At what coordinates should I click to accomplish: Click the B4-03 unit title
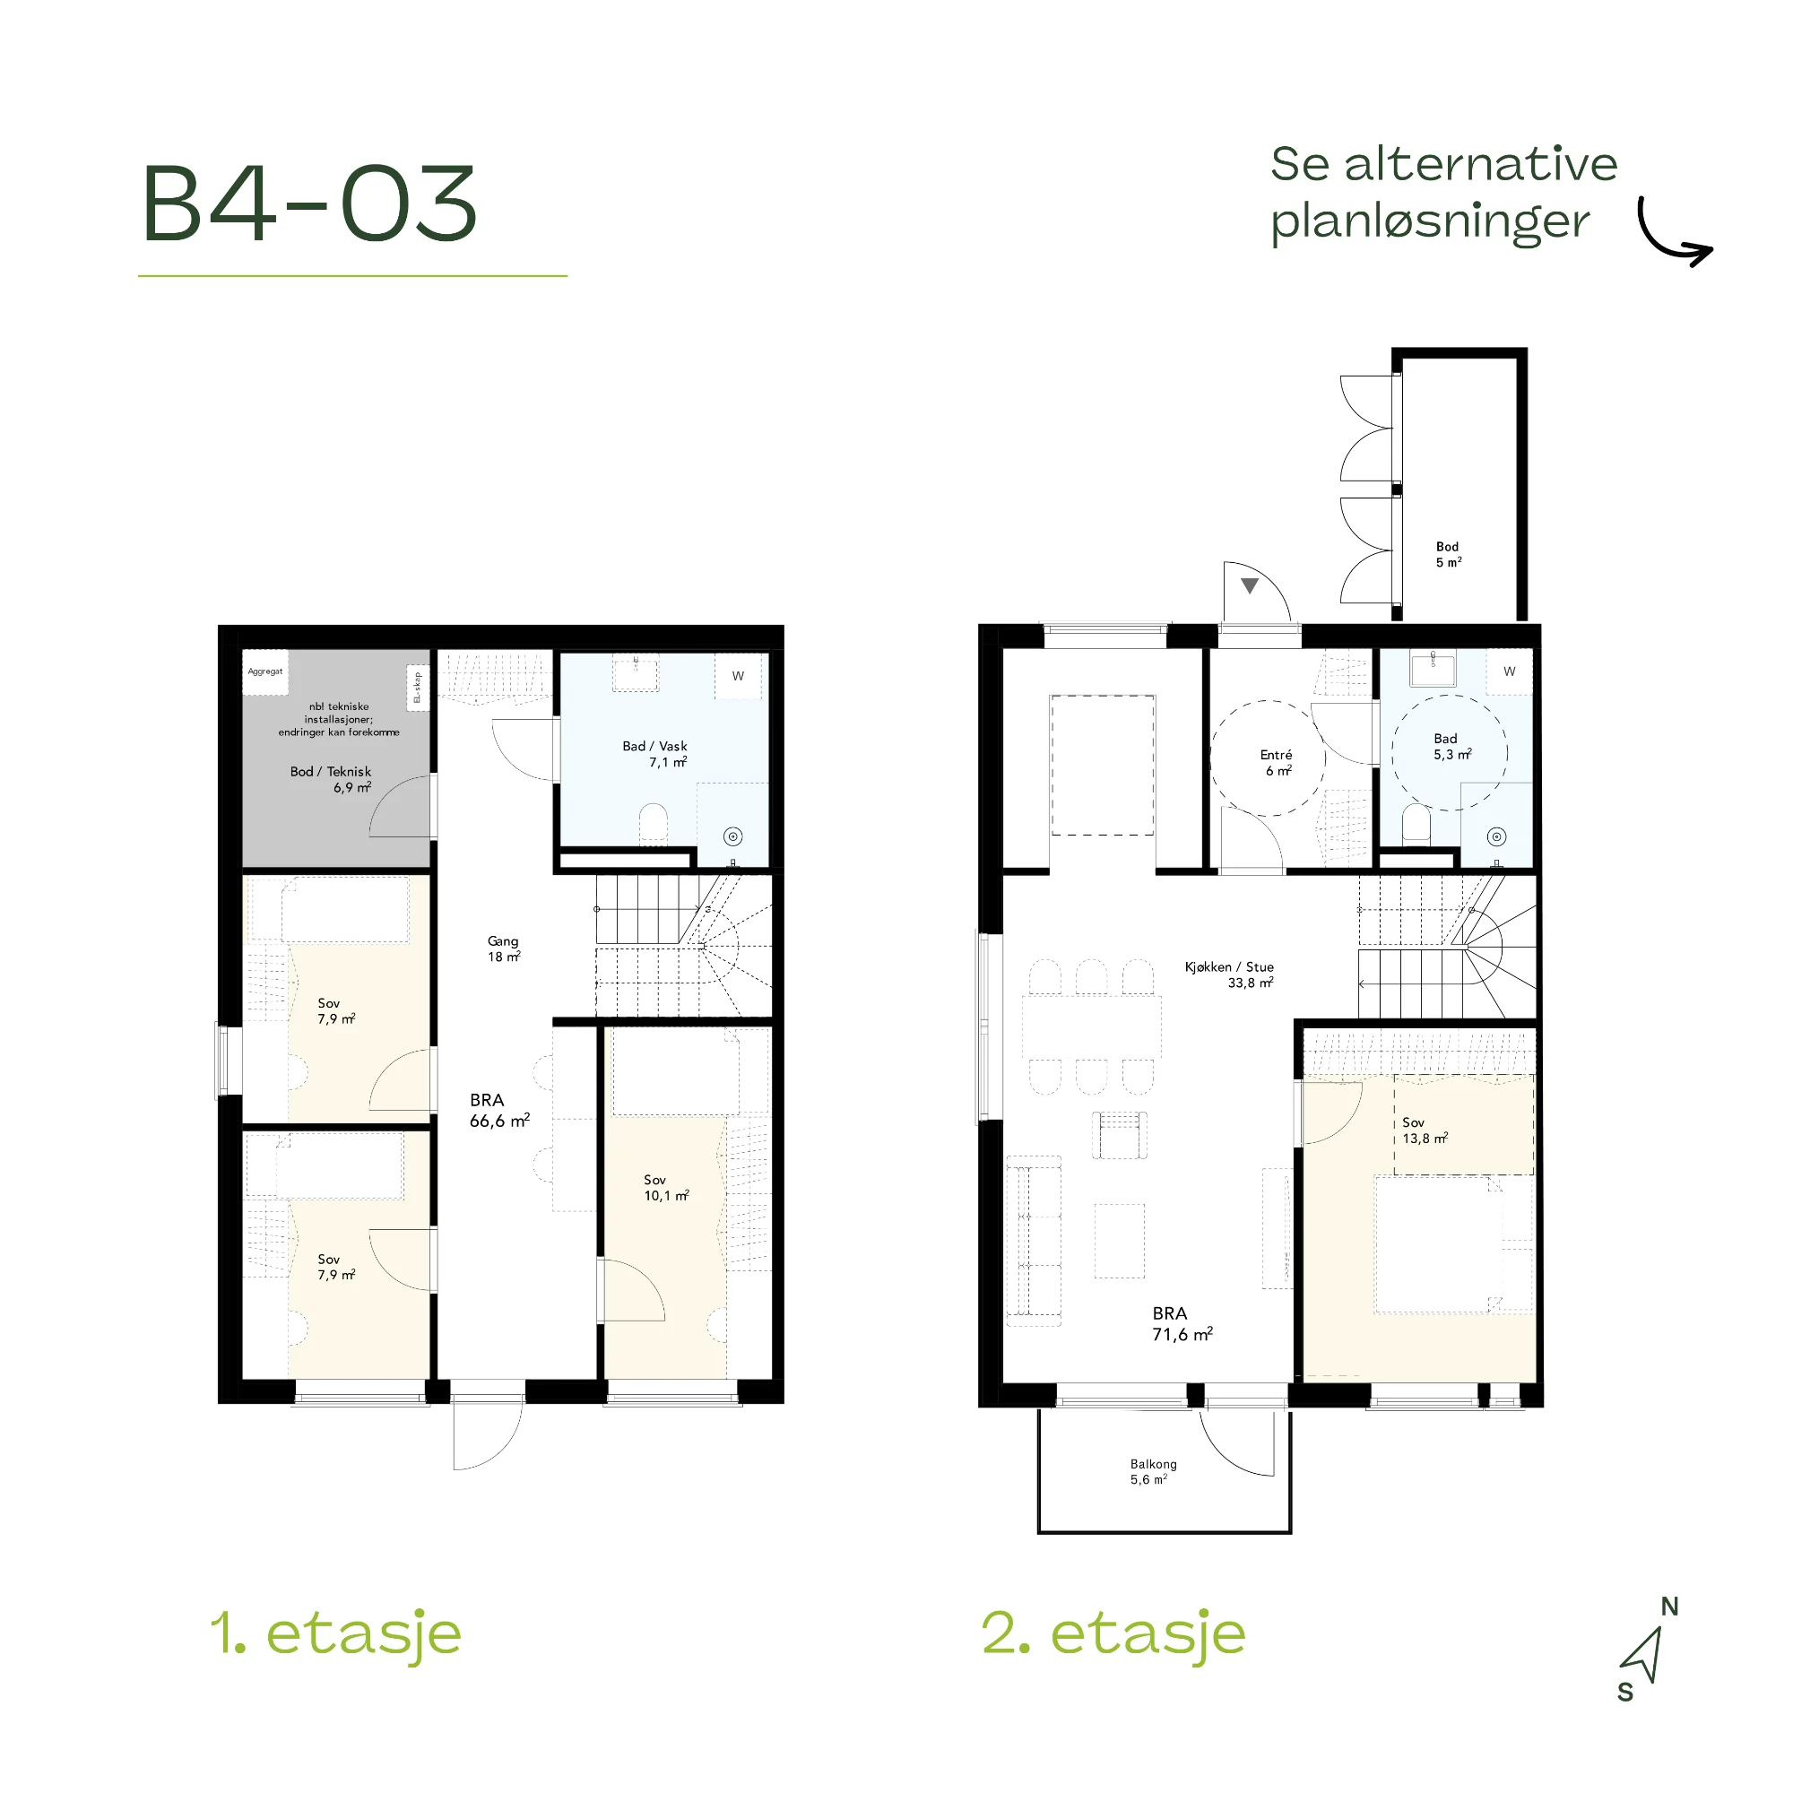[310, 204]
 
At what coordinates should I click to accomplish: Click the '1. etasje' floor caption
[336, 1635]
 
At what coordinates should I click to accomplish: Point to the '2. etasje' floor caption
[1113, 1635]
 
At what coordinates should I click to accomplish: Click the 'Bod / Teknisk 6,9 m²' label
[332, 780]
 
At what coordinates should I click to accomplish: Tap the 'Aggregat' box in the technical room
[265, 671]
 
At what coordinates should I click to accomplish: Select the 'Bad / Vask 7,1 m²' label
[655, 754]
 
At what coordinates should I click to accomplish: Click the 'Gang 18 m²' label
[504, 948]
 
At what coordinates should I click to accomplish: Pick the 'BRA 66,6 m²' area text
[499, 1110]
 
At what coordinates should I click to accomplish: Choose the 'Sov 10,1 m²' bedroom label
[666, 1188]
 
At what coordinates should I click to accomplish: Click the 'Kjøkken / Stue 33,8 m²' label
[1230, 974]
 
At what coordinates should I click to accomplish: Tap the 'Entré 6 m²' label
[1277, 763]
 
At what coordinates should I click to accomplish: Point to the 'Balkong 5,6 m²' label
[1153, 1471]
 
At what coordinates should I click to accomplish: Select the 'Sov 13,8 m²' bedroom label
[1425, 1130]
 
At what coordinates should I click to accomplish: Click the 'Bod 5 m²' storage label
[1449, 555]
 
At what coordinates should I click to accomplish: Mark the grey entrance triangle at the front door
[1250, 585]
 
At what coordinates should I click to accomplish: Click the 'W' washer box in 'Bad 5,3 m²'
[1510, 671]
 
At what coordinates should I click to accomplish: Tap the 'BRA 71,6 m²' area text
[1182, 1324]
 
